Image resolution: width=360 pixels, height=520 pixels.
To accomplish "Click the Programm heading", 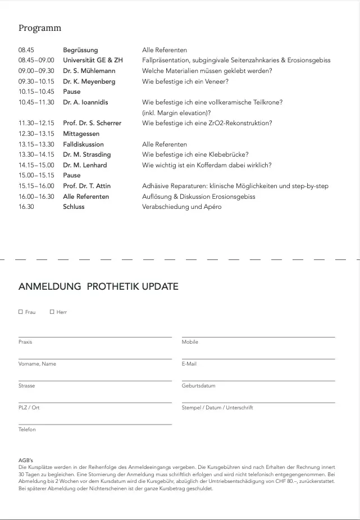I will pyautogui.click(x=40, y=28).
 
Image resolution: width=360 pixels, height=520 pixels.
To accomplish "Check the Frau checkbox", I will pyautogui.click(x=21, y=312).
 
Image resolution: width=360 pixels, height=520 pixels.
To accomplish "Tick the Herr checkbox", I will pyautogui.click(x=52, y=312).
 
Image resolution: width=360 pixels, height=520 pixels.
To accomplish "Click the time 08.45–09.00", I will pyautogui.click(x=36, y=60).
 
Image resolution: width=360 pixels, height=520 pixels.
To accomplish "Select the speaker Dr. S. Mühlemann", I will pyautogui.click(x=89, y=71).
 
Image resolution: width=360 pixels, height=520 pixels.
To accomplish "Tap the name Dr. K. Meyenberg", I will pyautogui.click(x=89, y=81).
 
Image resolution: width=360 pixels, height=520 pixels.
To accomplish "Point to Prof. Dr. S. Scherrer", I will pyautogui.click(x=92, y=123).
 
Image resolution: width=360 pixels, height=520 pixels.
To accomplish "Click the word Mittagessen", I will pyautogui.click(x=81, y=134).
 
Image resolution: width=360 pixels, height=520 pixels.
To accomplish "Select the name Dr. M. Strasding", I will pyautogui.click(x=87, y=154).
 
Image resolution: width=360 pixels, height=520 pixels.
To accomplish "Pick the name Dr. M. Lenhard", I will pyautogui.click(x=85, y=165).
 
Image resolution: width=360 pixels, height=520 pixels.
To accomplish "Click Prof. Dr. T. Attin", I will pyautogui.click(x=87, y=186).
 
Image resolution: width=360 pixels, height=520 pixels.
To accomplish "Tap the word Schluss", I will pyautogui.click(x=74, y=207).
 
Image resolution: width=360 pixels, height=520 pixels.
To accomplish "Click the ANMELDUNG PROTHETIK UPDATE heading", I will pyautogui.click(x=98, y=286).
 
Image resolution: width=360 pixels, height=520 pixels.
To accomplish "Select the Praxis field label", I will pyautogui.click(x=25, y=342).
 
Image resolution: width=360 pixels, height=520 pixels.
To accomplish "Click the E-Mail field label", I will pyautogui.click(x=189, y=364).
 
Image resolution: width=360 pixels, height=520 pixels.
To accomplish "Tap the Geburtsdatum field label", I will pyautogui.click(x=198, y=386).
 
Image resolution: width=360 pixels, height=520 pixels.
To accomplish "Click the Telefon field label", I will pyautogui.click(x=27, y=430).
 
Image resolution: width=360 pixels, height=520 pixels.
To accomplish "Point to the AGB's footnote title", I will pyautogui.click(x=26, y=460).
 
